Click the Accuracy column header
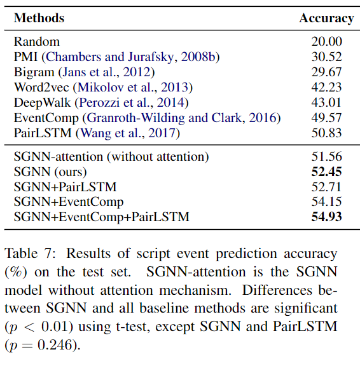pyautogui.click(x=326, y=18)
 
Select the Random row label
pyautogui.click(x=37, y=42)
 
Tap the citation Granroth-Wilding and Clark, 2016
pyautogui.click(x=182, y=118)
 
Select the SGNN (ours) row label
pyautogui.click(x=50, y=172)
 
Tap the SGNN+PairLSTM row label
pyautogui.click(x=64, y=187)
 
